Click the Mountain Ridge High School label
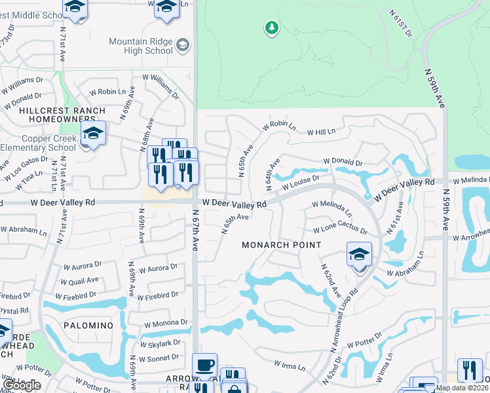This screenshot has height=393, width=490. (141, 46)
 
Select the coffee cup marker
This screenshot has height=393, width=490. (205, 364)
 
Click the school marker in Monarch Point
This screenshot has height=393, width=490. (359, 254)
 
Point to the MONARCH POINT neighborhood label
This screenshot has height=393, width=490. (282, 245)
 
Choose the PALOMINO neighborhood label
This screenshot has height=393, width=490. (88, 326)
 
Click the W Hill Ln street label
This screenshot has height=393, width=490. (322, 132)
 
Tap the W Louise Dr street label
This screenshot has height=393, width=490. (301, 183)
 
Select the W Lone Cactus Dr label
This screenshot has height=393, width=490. (339, 230)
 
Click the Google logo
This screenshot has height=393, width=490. (22, 385)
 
